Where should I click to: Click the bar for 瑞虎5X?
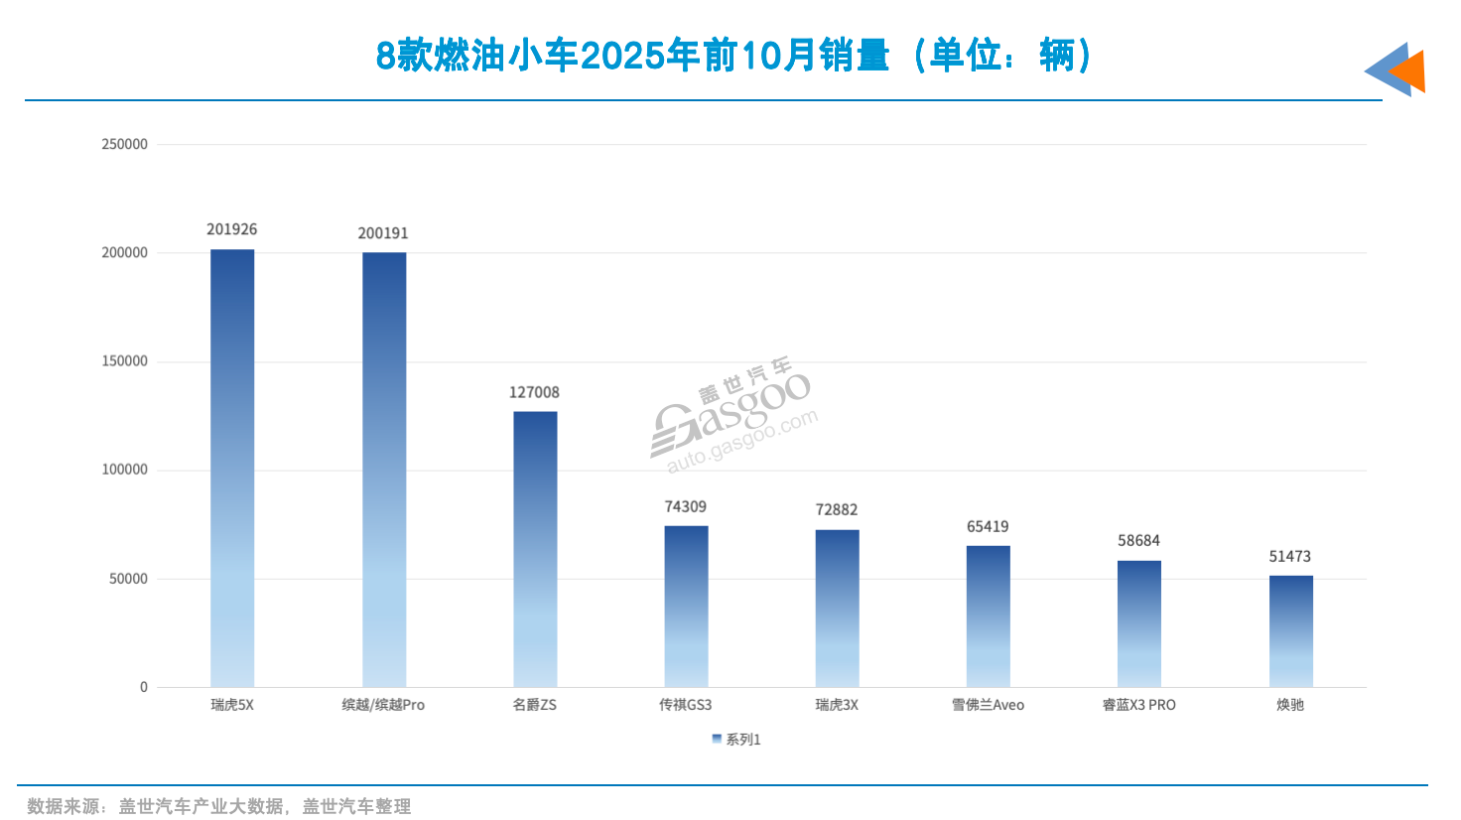232,467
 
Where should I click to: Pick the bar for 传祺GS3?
686,606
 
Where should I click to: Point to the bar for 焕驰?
1290,630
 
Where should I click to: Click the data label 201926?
232,229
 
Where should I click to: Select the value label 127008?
534,392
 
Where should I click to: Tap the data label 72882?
837,509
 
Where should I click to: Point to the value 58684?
1138,540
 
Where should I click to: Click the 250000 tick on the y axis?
124,144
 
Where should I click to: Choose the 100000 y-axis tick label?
124,470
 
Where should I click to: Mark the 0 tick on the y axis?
143,687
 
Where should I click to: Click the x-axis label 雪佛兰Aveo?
988,705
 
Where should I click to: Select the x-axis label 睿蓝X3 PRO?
1138,705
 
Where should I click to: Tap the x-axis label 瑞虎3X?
837,705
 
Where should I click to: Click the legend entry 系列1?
736,740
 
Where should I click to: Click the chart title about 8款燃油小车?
733,56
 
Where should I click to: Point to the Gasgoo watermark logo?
733,416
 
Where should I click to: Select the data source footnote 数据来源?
218,806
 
